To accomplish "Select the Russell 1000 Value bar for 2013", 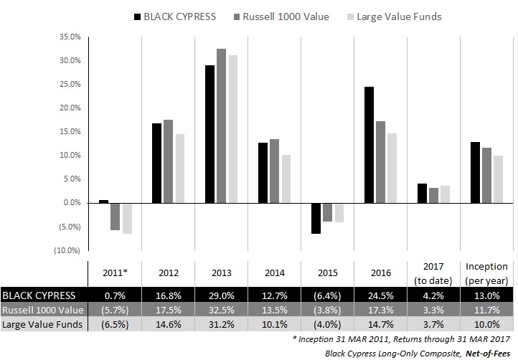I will [221, 125].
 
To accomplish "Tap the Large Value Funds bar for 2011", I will [127, 218].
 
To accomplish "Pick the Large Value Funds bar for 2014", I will [286, 179].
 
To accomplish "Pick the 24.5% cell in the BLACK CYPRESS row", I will [381, 295].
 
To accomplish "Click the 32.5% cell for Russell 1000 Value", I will [221, 310].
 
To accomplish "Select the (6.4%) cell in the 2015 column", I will [327, 295].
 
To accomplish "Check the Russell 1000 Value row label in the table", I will [42, 310].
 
